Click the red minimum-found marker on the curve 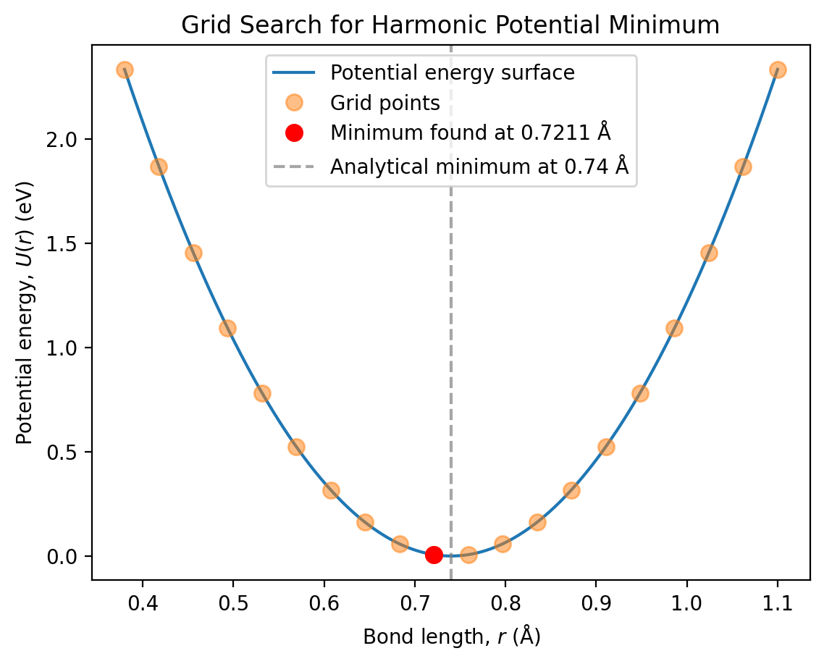[434, 555]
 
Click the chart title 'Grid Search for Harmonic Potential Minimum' [450, 25]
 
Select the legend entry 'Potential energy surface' [452, 72]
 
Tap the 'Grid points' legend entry [384, 104]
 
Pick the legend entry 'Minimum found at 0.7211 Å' [468, 134]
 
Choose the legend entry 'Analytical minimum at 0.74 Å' [479, 167]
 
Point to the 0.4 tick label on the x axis [143, 601]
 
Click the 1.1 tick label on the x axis [778, 601]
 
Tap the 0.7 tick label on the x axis [415, 601]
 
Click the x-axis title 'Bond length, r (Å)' [452, 637]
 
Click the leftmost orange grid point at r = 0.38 [125, 70]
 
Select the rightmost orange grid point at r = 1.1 [778, 70]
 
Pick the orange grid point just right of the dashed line [468, 555]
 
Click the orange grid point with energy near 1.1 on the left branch [227, 328]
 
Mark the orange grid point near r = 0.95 [640, 393]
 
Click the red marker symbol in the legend [294, 134]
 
